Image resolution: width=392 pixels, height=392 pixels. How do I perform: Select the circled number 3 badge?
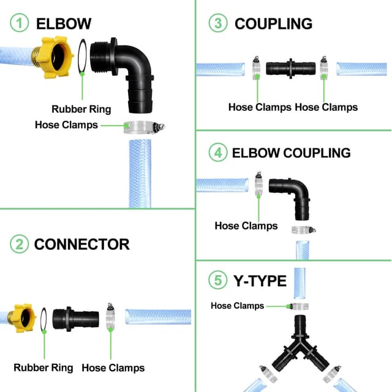tap(217, 24)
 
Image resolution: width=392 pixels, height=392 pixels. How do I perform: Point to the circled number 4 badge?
tap(217, 153)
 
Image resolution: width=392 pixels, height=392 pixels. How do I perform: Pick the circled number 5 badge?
tap(217, 281)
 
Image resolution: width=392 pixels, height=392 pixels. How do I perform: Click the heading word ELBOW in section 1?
tap(64, 24)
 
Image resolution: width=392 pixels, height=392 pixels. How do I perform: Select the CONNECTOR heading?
tap(81, 244)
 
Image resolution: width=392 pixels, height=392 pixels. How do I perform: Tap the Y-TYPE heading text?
tap(260, 281)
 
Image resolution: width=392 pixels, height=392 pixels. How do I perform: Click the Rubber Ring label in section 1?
tap(81, 109)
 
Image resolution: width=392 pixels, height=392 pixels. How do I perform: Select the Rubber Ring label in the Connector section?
tap(43, 367)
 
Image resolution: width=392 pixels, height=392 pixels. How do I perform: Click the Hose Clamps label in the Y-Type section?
tap(237, 306)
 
